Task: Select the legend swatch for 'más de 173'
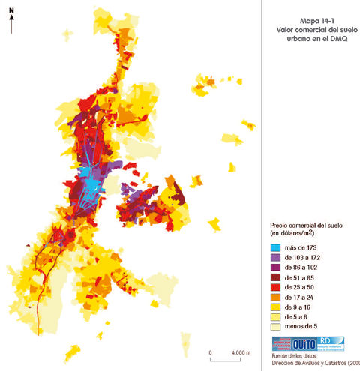coord(277,247)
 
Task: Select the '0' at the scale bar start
coord(211,352)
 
